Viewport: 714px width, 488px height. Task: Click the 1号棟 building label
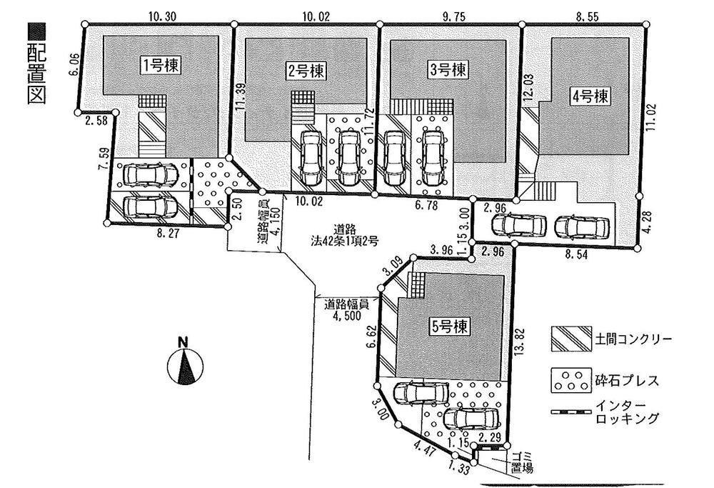(160, 66)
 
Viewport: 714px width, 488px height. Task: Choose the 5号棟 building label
(450, 327)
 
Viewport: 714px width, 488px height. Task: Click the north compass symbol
(184, 364)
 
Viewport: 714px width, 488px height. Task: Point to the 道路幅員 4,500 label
(346, 309)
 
